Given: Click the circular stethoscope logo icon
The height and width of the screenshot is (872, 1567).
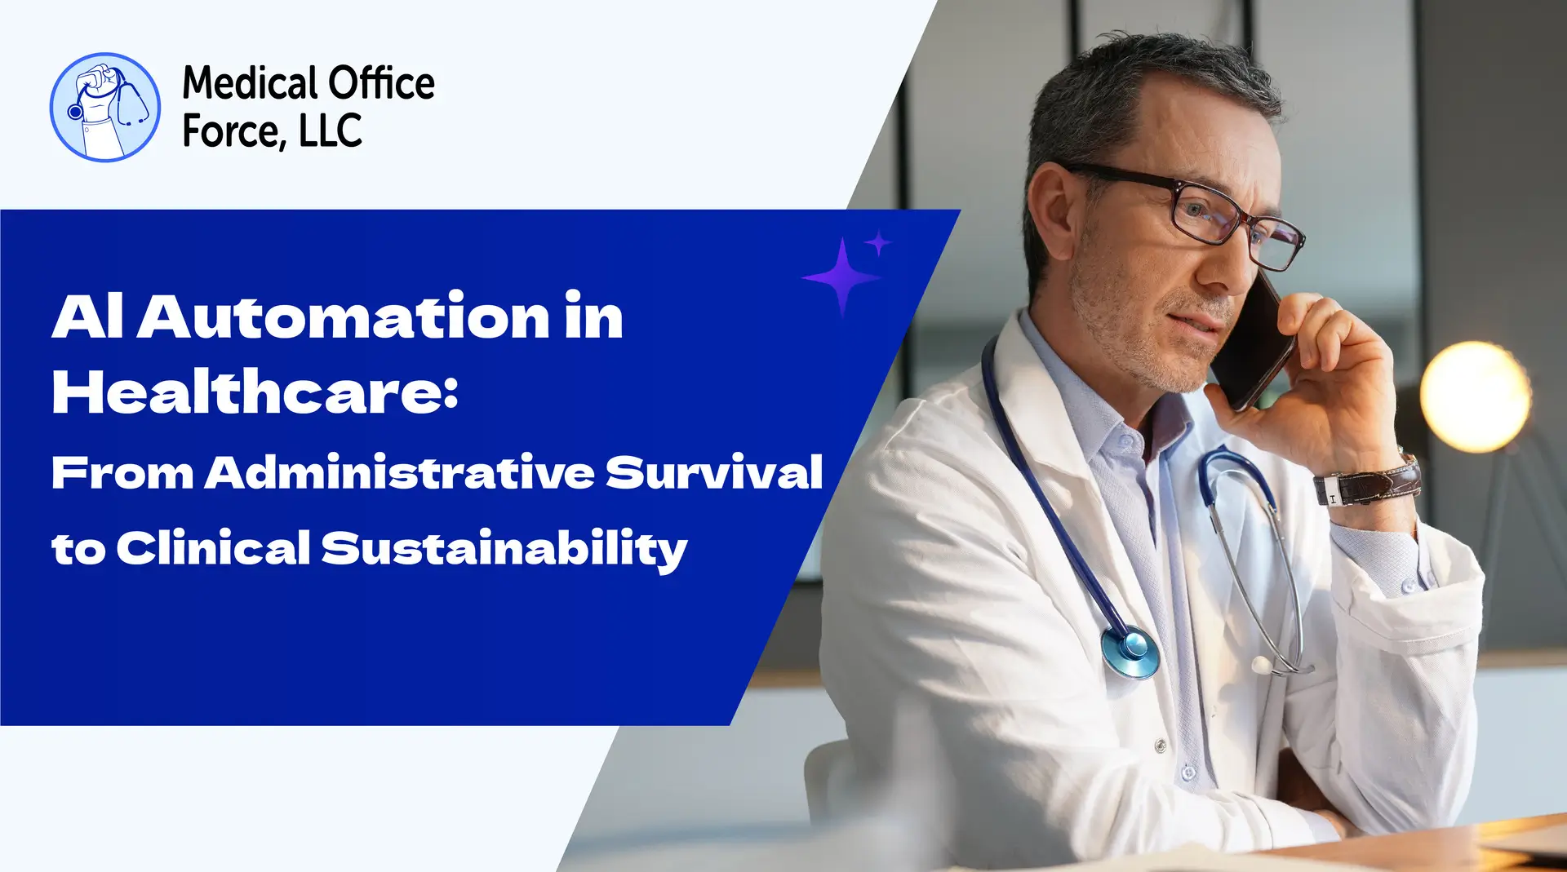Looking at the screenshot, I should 105,107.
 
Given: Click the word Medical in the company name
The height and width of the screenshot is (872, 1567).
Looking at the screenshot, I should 250,83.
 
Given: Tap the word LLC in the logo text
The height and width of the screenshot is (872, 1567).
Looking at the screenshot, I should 331,131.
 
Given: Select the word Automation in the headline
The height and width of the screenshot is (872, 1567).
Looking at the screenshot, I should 344,316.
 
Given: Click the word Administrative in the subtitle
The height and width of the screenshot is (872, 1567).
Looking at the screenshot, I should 400,472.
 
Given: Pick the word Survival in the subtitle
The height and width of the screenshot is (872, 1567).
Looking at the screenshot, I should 714,472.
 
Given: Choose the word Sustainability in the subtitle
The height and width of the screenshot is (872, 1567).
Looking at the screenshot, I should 504,548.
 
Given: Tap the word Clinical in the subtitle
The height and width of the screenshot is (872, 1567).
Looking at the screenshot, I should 213,548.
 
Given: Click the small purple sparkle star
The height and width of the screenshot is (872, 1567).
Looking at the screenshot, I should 878,243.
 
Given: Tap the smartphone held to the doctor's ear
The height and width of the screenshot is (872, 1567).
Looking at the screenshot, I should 1253,343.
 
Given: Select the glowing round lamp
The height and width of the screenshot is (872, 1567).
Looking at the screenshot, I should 1475,396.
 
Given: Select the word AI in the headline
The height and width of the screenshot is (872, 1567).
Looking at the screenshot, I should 87,316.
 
